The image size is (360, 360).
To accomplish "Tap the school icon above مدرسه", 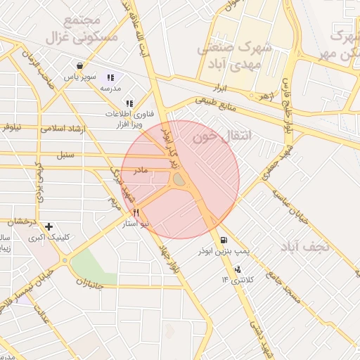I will coord(110,78).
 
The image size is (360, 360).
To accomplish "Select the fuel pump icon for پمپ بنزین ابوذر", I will coord(224,240).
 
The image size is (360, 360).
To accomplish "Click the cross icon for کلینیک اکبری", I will coord(49,226).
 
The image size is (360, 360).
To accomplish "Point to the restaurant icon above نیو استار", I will coord(136,212).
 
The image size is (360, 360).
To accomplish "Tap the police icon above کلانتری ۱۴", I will coord(238,269).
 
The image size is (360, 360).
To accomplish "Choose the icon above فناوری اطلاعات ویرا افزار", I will coord(128,103).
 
